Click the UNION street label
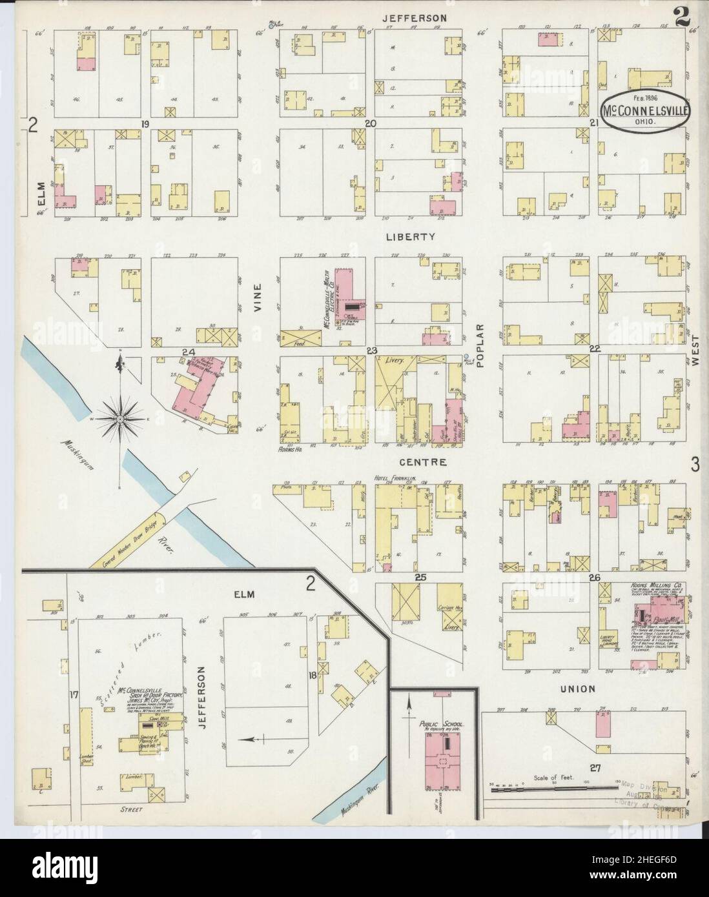[578, 689]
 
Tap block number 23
[371, 350]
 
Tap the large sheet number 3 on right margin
[695, 463]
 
